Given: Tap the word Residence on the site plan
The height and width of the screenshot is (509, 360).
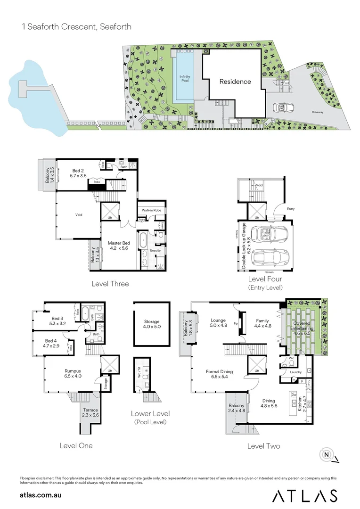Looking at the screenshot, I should [x=235, y=81].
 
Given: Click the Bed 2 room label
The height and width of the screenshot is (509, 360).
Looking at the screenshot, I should [x=79, y=172].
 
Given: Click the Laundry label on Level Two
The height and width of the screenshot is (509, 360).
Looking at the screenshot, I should [x=296, y=372].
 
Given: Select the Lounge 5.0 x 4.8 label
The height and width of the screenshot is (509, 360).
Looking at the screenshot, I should [x=219, y=323].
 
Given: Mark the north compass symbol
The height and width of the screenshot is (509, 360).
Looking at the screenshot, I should [x=326, y=455].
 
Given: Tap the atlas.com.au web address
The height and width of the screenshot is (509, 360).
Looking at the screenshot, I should [x=41, y=495].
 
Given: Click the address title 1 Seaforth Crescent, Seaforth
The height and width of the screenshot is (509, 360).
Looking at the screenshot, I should [x=76, y=27].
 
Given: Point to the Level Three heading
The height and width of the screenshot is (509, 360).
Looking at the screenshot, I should [x=111, y=284].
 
